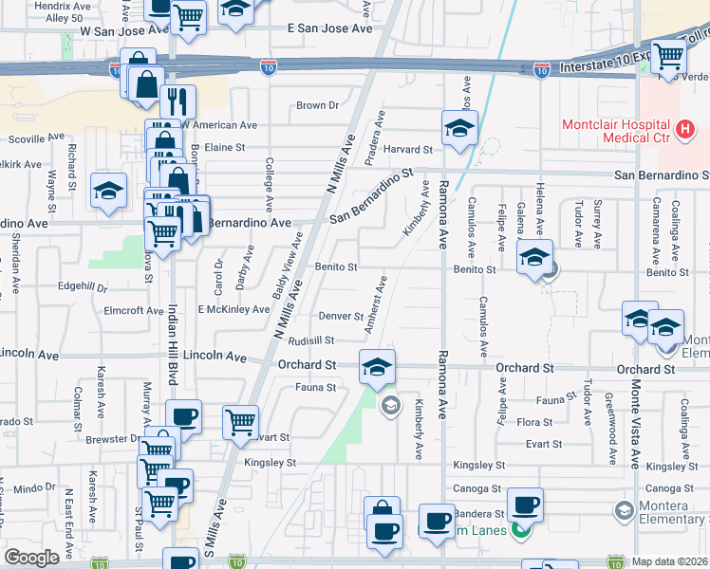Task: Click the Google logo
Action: tap(31, 558)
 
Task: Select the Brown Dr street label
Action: tap(317, 105)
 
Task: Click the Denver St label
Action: tap(341, 316)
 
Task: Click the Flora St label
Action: tap(534, 421)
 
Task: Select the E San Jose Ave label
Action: tap(330, 29)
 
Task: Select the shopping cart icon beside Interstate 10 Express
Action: tap(668, 56)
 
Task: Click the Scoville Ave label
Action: tap(33, 138)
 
